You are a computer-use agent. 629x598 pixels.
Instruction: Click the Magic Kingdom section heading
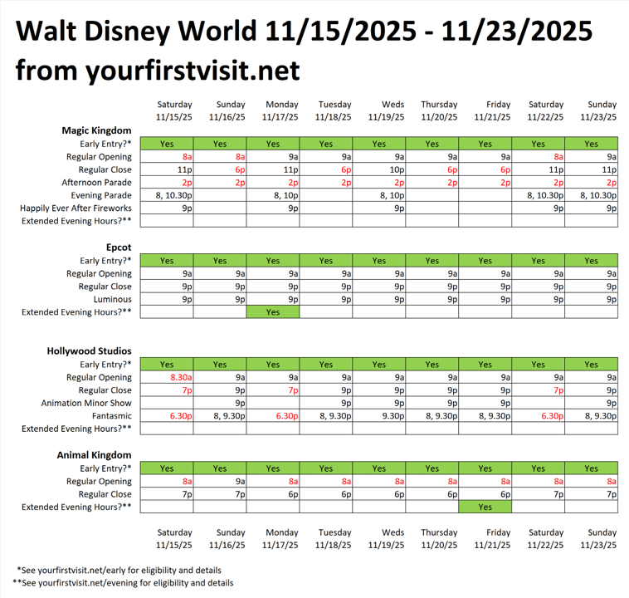[x=96, y=130]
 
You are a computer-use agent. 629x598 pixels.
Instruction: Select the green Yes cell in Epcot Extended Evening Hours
[x=273, y=312]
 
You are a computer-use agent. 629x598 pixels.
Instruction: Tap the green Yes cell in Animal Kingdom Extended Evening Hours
[x=485, y=507]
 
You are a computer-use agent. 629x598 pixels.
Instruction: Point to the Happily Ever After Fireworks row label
[x=76, y=208]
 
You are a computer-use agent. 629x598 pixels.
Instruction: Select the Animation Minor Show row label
[x=86, y=403]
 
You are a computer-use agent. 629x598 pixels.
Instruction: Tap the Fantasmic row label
[x=110, y=415]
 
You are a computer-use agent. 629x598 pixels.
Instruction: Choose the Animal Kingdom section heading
[x=95, y=455]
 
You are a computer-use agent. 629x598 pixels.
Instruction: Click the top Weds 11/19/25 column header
[x=378, y=111]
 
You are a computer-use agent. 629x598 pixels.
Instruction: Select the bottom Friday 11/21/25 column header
[x=485, y=539]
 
